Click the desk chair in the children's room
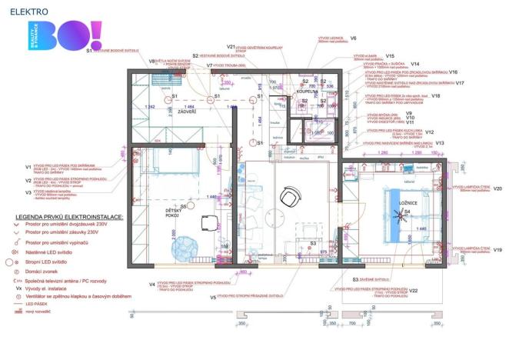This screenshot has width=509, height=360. click(x=208, y=224)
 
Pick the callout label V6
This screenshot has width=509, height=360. click(x=353, y=37)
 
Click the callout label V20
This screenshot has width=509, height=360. click(x=497, y=188)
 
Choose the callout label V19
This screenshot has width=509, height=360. click(x=497, y=251)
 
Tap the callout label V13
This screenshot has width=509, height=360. click(x=441, y=143)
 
